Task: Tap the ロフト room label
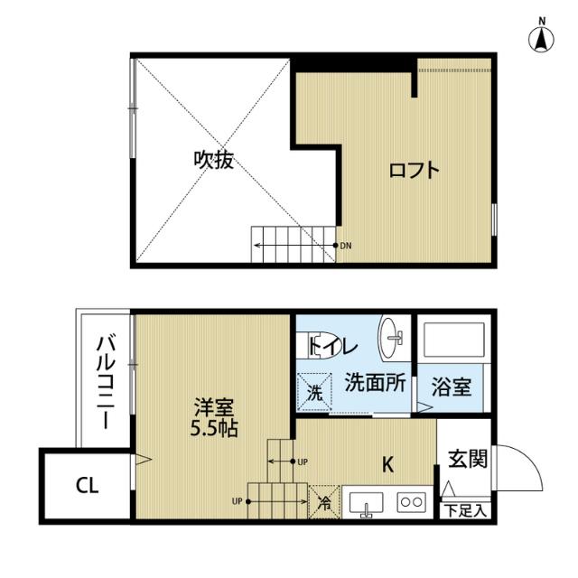415,170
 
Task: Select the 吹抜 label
214,161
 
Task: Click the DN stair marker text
347,246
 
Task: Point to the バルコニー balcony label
105,379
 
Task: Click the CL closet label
87,486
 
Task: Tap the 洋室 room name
215,406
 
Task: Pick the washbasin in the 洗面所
392,338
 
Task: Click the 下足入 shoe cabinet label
466,510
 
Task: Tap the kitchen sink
366,502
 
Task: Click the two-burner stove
412,502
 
